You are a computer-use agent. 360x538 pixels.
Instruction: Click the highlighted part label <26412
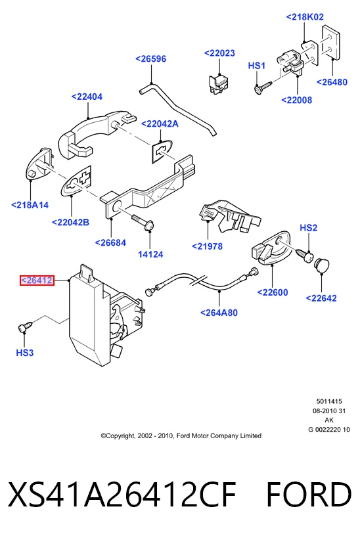37,280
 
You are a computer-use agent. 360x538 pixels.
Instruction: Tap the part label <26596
150,59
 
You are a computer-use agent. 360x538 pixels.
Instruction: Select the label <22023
219,53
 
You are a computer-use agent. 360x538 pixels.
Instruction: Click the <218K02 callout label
305,17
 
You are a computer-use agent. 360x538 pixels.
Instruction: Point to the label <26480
332,82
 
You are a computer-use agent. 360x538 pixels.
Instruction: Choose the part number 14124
150,254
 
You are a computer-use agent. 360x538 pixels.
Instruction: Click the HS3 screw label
25,353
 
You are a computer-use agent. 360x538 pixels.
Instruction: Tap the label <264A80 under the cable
219,313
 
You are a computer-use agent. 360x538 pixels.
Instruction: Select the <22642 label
321,298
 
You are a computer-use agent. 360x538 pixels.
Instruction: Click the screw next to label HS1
263,86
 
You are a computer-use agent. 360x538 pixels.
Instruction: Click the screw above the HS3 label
25,326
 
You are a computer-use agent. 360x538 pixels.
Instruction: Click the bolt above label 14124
143,221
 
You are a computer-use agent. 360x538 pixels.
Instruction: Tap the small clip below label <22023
219,83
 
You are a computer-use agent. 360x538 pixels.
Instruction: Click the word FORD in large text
309,495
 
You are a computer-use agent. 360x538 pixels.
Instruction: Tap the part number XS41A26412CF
122,495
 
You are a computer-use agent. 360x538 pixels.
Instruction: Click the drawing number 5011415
329,401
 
